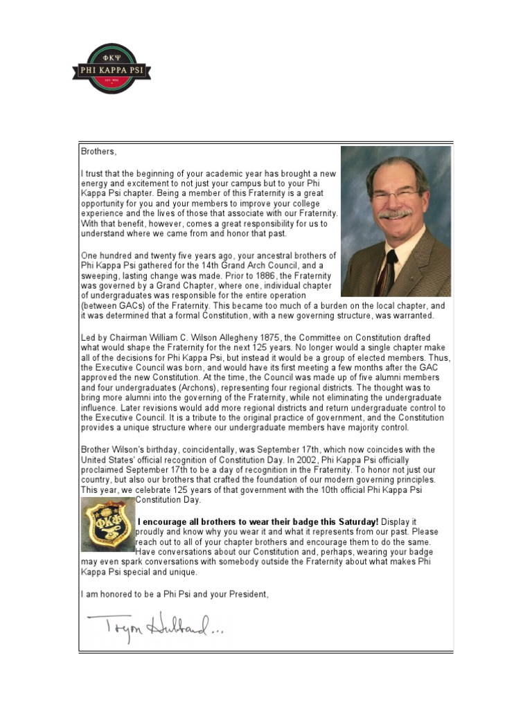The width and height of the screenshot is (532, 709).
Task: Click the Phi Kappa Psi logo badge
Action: pyautogui.click(x=111, y=69)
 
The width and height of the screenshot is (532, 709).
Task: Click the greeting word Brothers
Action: pyautogui.click(x=98, y=150)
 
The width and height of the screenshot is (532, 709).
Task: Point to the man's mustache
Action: pyautogui.click(x=396, y=214)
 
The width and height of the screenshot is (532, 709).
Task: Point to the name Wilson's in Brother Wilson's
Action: pyautogui.click(x=130, y=449)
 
